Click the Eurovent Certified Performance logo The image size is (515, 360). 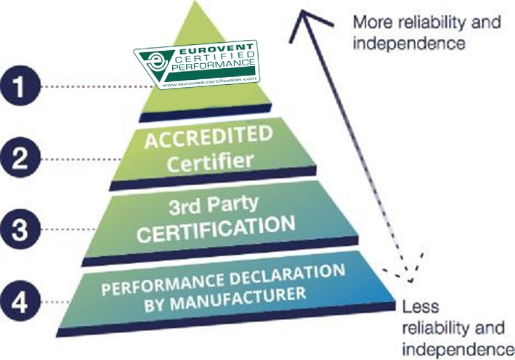(198, 65)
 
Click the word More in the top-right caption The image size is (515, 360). (368, 22)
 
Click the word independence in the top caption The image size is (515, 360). (407, 43)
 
